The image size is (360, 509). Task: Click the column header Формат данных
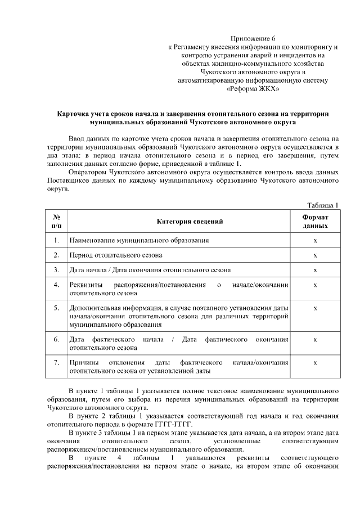[315, 222]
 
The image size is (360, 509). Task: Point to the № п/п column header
[56, 222]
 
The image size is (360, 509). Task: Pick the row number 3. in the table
[56, 270]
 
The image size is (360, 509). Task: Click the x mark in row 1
[315, 241]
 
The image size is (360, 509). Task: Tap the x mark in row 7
[315, 363]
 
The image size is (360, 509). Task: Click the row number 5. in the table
[56, 308]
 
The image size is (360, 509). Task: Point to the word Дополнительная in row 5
[95, 308]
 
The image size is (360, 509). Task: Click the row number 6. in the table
[56, 340]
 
